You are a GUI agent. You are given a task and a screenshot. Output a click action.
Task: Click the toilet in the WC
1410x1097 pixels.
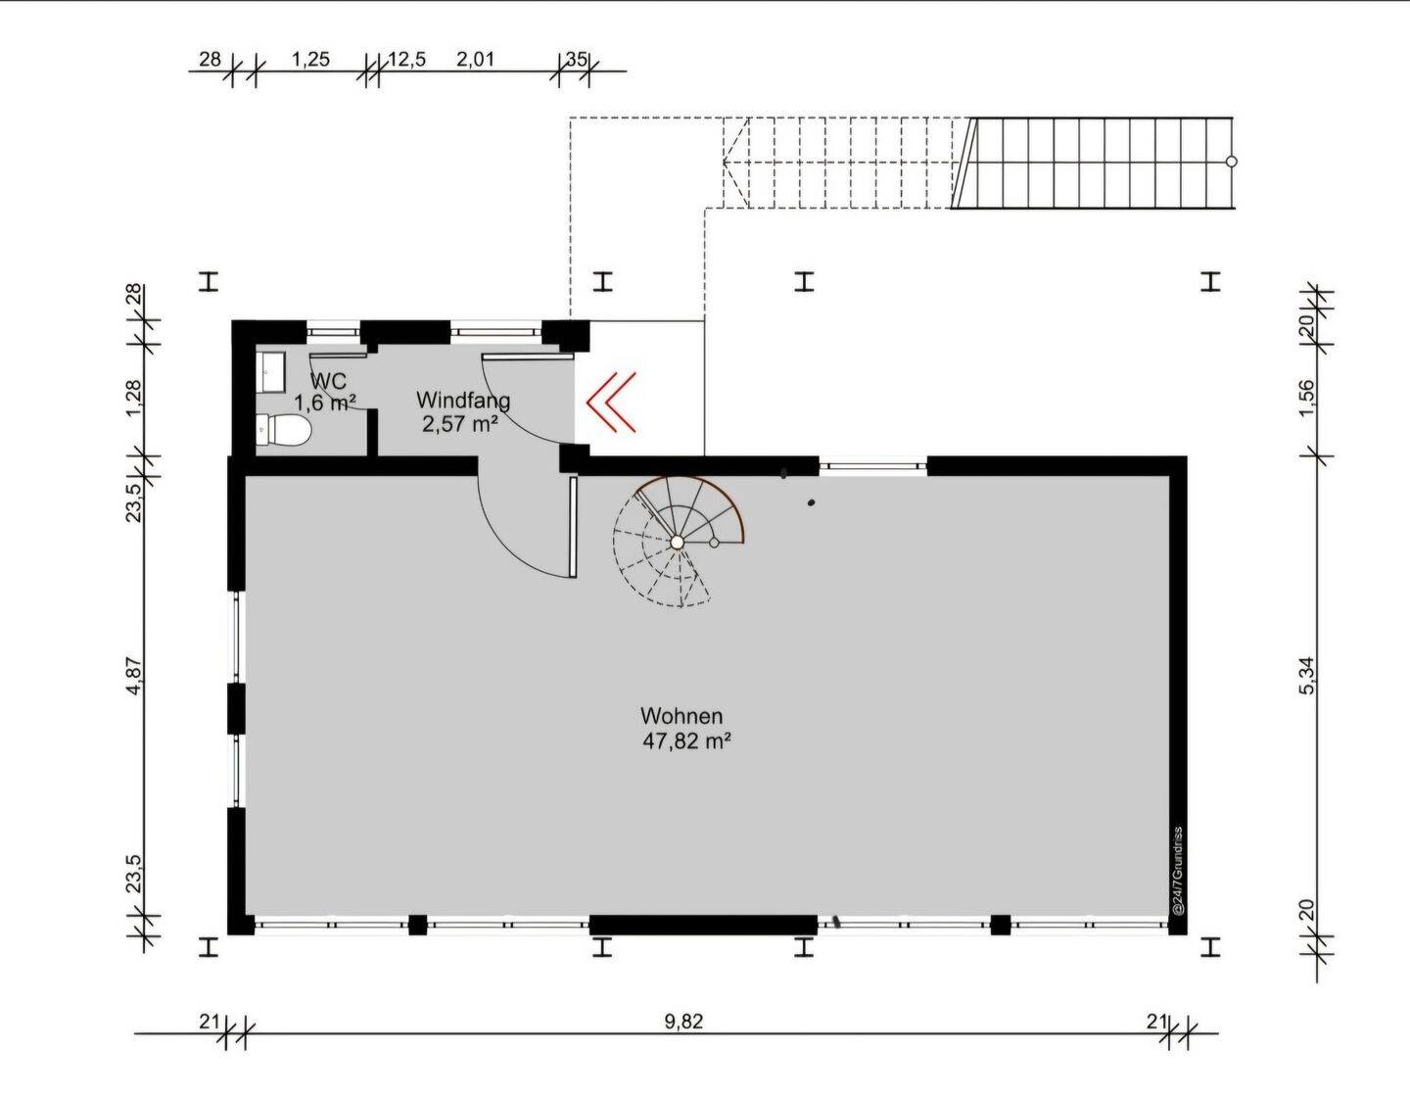point(282,430)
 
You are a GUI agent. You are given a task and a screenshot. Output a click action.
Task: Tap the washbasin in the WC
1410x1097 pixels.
point(271,371)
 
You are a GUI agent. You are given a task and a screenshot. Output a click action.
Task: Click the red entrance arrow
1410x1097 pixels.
point(611,402)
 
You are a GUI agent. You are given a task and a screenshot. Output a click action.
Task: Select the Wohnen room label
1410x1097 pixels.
point(681,716)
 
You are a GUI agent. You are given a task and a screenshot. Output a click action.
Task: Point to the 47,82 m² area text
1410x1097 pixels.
point(687,741)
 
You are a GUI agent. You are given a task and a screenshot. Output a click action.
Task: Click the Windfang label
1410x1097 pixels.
point(463,400)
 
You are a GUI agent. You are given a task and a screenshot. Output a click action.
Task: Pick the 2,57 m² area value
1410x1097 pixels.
point(460,424)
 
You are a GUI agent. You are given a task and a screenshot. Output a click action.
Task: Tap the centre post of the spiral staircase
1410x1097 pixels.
point(677,541)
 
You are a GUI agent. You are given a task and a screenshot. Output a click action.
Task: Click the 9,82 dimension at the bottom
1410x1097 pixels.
point(683,1022)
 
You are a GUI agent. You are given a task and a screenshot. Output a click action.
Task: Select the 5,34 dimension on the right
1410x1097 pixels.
point(1307,676)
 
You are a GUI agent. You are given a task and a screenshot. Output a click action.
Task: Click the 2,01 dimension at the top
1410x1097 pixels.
point(476,60)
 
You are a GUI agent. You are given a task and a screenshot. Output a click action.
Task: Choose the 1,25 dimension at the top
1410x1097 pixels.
point(310,60)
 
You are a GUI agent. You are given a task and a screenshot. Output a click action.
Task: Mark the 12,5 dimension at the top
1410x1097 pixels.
point(406,60)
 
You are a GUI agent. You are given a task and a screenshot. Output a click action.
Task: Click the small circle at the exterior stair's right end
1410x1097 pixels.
point(1232,162)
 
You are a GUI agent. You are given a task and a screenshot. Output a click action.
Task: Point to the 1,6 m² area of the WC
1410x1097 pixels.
point(325,402)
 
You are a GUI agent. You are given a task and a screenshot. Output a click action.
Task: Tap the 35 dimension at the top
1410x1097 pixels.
point(577,60)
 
